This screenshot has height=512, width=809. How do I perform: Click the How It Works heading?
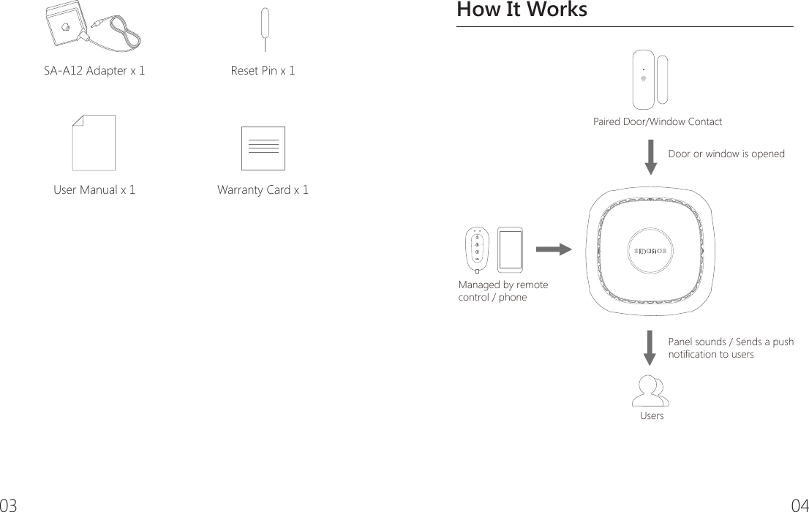click(x=522, y=11)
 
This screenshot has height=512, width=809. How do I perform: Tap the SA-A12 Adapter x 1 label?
click(x=95, y=71)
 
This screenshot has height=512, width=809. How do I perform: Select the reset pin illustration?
click(x=264, y=34)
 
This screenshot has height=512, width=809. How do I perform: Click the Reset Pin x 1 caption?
click(x=263, y=71)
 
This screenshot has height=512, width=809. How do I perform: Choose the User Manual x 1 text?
click(x=94, y=190)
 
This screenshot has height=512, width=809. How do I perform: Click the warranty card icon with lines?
click(x=263, y=148)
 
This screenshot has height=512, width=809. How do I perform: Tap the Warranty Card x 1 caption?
click(x=263, y=190)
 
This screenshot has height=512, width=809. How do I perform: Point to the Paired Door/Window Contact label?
click(x=657, y=121)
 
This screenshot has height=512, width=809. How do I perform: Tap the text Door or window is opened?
click(x=726, y=154)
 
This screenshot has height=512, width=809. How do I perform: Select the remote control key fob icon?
click(x=477, y=249)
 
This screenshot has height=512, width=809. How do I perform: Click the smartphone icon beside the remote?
click(x=510, y=249)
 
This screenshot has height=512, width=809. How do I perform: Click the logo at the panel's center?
click(x=651, y=251)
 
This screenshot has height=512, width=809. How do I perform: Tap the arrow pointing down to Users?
click(x=651, y=347)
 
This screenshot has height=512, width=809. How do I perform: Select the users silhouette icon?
click(x=651, y=391)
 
